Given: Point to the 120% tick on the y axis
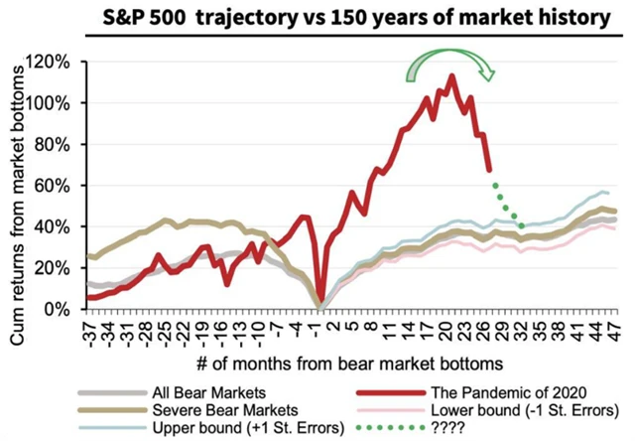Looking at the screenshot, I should pyautogui.click(x=50, y=62).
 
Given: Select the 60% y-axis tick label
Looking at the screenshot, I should pyautogui.click(x=54, y=185).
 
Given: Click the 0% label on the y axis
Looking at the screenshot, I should pyautogui.click(x=58, y=309).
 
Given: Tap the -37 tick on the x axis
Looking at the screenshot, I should pyautogui.click(x=90, y=328).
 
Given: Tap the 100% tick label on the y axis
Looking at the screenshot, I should pyautogui.click(x=50, y=102).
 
